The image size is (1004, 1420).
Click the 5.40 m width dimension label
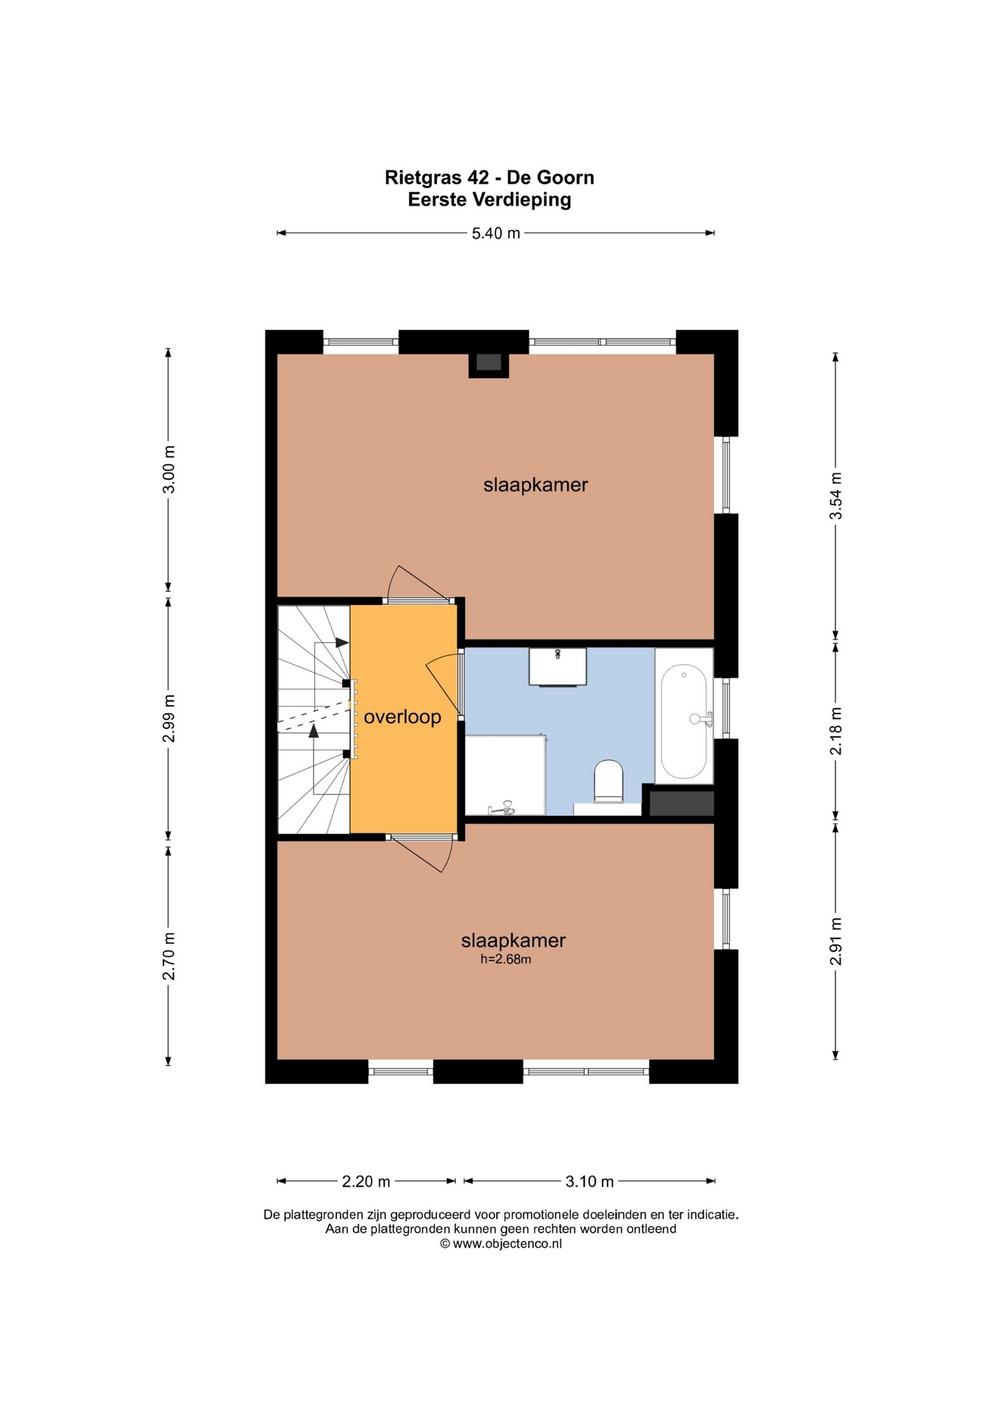[495, 233]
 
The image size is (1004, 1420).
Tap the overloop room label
[402, 717]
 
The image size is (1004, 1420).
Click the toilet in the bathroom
[608, 781]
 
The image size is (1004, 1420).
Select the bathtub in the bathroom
[684, 720]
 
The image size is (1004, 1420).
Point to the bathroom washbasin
[557, 666]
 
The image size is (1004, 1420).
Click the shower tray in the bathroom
[504, 775]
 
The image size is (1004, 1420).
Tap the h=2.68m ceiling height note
[506, 959]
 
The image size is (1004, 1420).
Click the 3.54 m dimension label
[835, 495]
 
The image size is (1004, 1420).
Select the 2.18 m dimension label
[835, 731]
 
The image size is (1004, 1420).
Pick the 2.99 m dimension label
[169, 718]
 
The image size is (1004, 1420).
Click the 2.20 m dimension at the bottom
[365, 1181]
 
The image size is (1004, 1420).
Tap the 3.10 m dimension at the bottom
[589, 1181]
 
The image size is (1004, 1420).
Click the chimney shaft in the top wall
[489, 362]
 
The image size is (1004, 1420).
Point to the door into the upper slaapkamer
[418, 584]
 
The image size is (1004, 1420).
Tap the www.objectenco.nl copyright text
[501, 1243]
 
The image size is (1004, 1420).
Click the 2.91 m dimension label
[835, 941]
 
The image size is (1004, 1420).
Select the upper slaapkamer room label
[535, 485]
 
